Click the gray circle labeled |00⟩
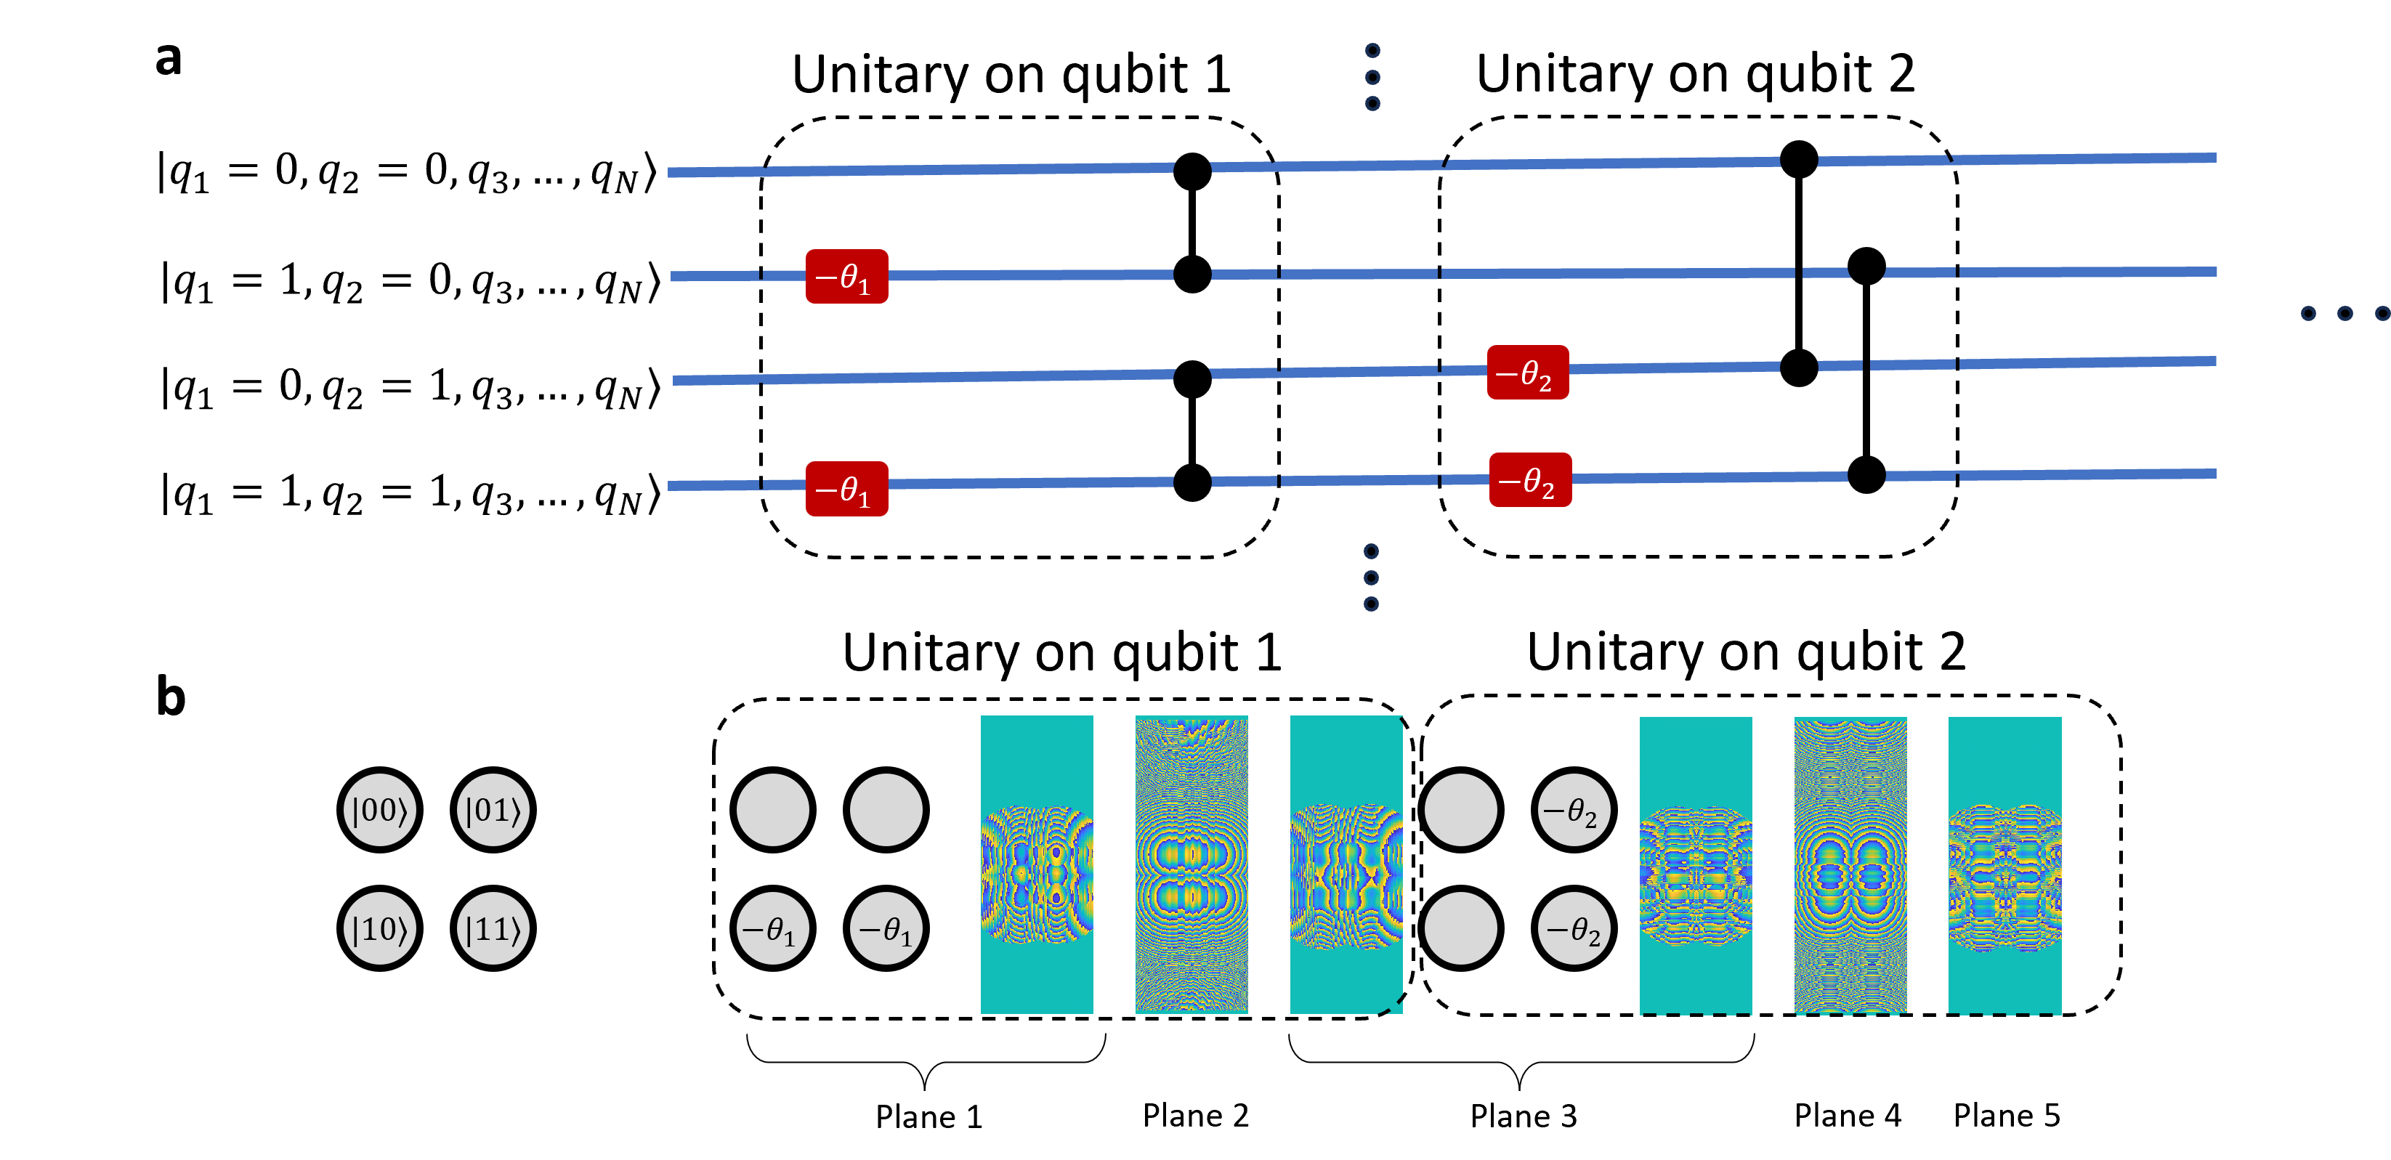click(380, 809)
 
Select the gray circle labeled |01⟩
click(493, 809)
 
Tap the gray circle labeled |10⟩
click(380, 928)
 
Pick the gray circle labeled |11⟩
click(493, 928)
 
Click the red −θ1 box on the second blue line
click(846, 277)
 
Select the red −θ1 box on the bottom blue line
click(846, 488)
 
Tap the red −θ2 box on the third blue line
click(1528, 372)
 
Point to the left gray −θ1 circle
click(772, 928)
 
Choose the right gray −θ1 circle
click(886, 928)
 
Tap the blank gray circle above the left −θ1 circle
click(772, 809)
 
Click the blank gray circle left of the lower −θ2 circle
click(1460, 928)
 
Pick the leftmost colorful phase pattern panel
click(1037, 864)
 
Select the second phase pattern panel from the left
click(1192, 864)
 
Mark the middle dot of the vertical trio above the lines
click(1372, 77)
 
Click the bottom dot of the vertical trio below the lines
click(1371, 604)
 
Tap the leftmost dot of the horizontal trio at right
click(2308, 314)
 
